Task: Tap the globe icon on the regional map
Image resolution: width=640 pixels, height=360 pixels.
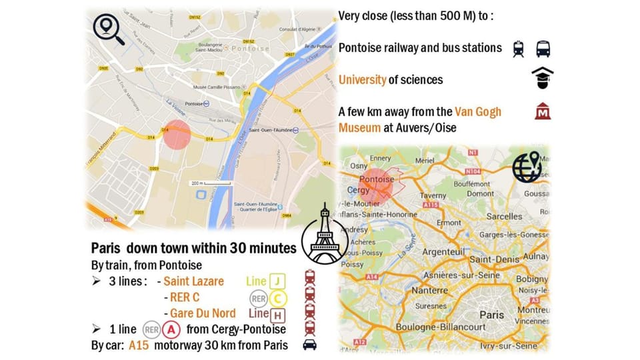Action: (x=527, y=167)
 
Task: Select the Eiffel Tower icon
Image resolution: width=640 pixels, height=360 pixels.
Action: (x=325, y=235)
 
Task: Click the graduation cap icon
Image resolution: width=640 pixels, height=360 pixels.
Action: (x=543, y=79)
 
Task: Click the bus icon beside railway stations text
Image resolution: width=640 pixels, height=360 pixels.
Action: (x=543, y=48)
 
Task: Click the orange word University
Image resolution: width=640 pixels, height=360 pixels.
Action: (x=362, y=80)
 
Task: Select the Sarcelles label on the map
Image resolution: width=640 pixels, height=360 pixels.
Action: (x=505, y=217)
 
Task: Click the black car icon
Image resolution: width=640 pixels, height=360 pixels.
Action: (x=309, y=345)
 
